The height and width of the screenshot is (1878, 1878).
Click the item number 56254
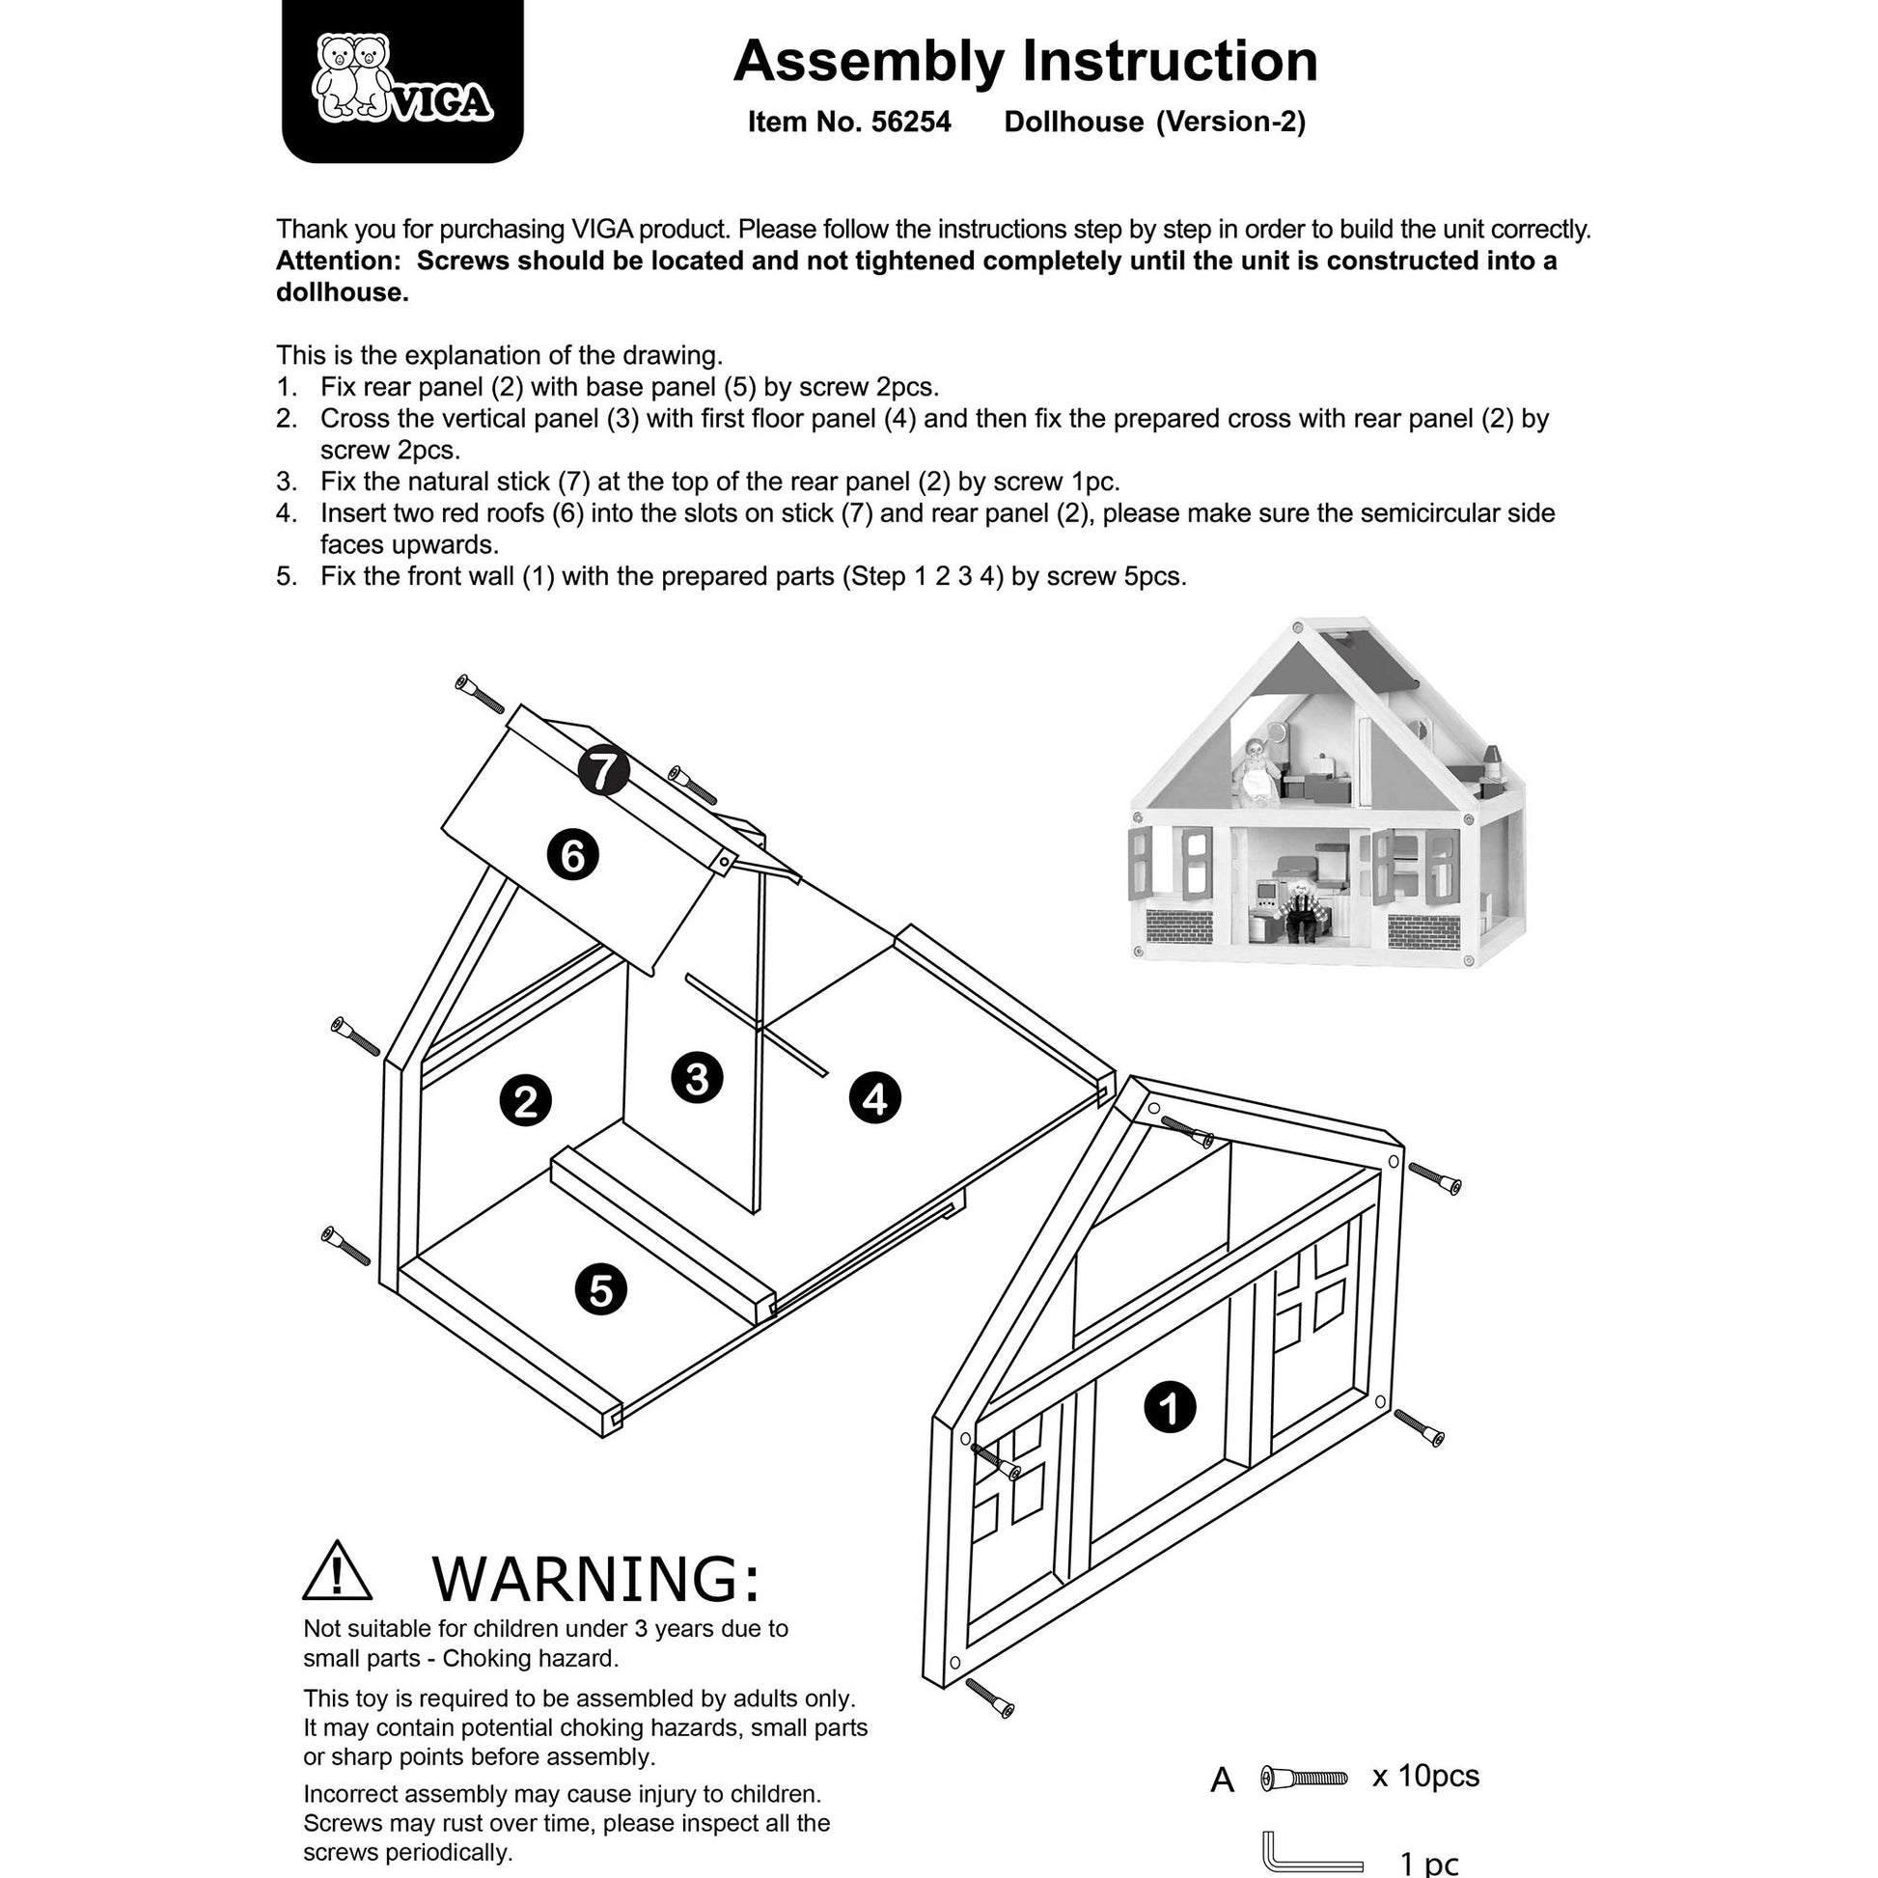pyautogui.click(x=911, y=122)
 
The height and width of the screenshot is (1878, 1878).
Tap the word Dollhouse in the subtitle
pyautogui.click(x=1073, y=122)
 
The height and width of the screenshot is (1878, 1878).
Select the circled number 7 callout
pyautogui.click(x=604, y=771)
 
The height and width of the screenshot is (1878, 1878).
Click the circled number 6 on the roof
pyautogui.click(x=572, y=856)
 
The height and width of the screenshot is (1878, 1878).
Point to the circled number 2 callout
pyautogui.click(x=526, y=1101)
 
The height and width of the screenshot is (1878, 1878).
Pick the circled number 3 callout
pyautogui.click(x=697, y=1077)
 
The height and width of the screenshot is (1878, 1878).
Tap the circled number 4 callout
pyautogui.click(x=875, y=1098)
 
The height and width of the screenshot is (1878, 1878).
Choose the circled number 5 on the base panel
pyautogui.click(x=600, y=1290)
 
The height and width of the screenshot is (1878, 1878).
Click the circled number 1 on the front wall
pyautogui.click(x=1170, y=1406)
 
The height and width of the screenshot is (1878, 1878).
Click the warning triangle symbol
pyautogui.click(x=338, y=1571)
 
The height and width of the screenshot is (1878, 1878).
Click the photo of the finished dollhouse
pyautogui.click(x=1327, y=792)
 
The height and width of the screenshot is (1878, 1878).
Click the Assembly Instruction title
pyautogui.click(x=1026, y=61)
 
